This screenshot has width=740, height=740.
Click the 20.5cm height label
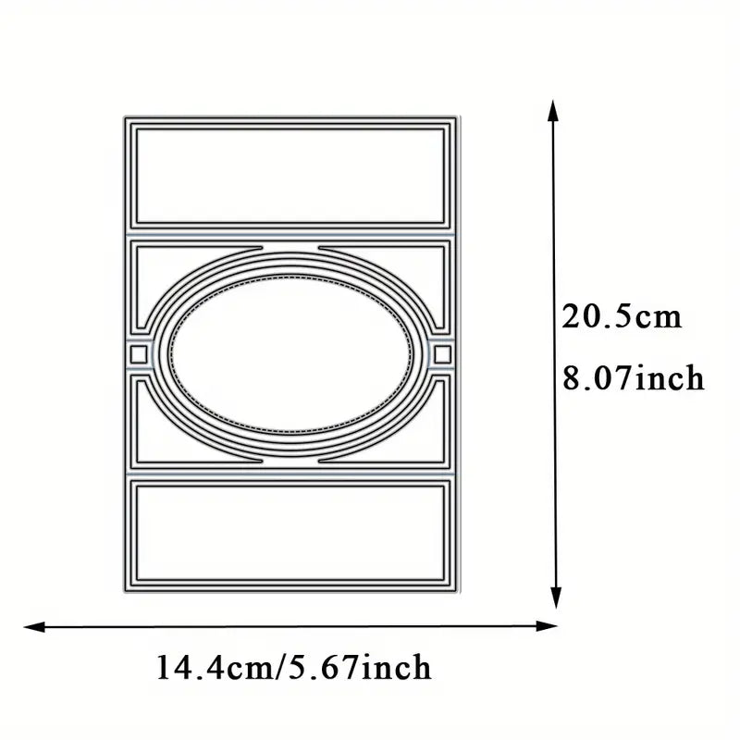[x=622, y=318]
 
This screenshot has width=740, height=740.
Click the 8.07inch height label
[x=634, y=378]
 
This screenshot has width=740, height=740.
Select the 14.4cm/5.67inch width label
[x=294, y=666]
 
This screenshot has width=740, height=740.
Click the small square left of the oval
[x=138, y=353]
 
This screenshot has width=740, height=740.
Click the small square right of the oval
[x=441, y=353]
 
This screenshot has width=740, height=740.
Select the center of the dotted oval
[x=290, y=353]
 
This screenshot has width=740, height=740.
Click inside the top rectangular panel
[x=290, y=176]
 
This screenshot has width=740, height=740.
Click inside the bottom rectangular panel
[x=290, y=531]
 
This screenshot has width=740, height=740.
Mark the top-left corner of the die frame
[x=125, y=117]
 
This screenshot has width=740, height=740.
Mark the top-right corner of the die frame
[x=455, y=117]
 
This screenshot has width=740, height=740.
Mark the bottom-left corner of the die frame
[x=125, y=589]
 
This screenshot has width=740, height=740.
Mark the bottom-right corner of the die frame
[x=455, y=589]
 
